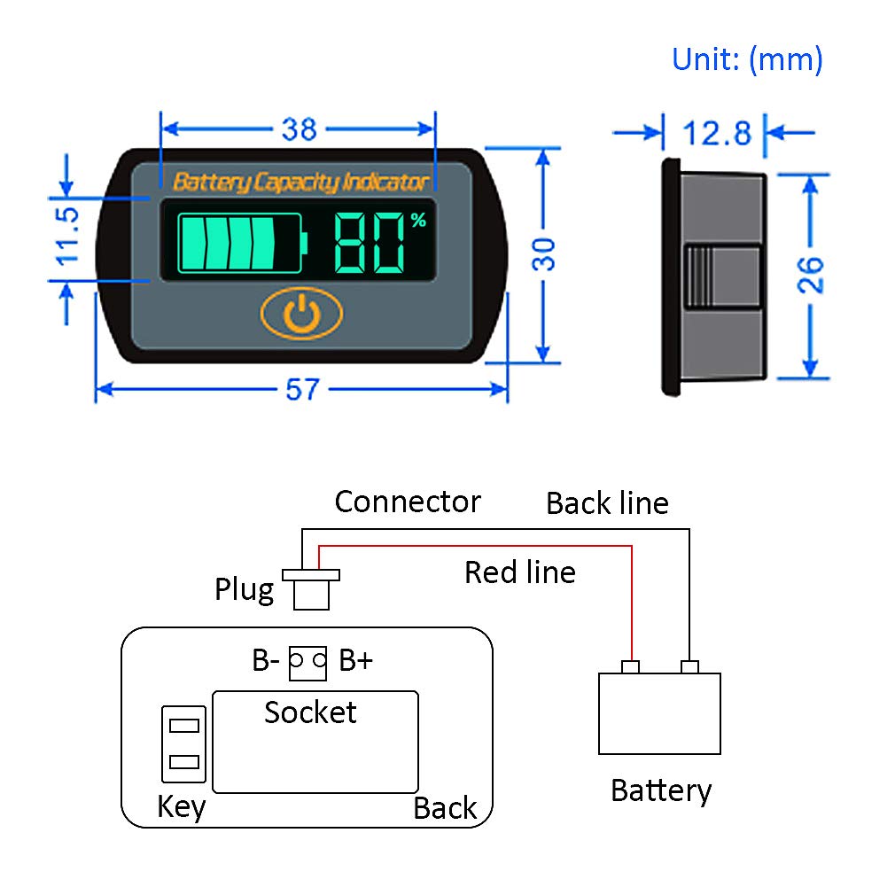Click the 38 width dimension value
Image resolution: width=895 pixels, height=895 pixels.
pyautogui.click(x=299, y=129)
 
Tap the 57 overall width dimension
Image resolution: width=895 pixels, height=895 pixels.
pyautogui.click(x=301, y=390)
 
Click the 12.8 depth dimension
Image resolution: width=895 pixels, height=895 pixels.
pyautogui.click(x=716, y=133)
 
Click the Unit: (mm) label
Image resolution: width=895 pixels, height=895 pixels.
pyautogui.click(x=747, y=59)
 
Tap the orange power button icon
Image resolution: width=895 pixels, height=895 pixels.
pyautogui.click(x=301, y=314)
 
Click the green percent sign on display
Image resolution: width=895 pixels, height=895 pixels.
pyautogui.click(x=418, y=221)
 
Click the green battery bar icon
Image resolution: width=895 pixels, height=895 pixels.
pyautogui.click(x=241, y=241)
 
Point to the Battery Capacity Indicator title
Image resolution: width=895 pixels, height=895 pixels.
pyautogui.click(x=300, y=183)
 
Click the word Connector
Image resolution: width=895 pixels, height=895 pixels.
pyautogui.click(x=407, y=502)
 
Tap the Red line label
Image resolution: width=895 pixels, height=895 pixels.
pyautogui.click(x=519, y=572)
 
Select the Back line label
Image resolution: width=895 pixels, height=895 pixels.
pyautogui.click(x=607, y=503)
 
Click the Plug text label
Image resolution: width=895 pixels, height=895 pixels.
pyautogui.click(x=244, y=589)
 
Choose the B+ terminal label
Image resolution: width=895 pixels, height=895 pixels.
pyautogui.click(x=355, y=660)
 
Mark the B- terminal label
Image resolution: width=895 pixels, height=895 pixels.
pyautogui.click(x=266, y=660)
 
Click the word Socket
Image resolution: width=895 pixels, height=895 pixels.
pyautogui.click(x=310, y=712)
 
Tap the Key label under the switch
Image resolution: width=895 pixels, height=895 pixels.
pyautogui.click(x=181, y=806)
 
